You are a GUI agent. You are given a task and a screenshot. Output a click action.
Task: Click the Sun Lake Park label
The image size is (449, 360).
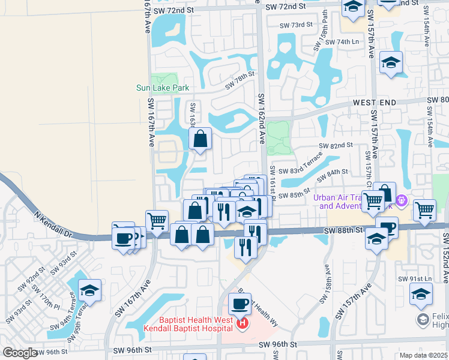pos(162,88)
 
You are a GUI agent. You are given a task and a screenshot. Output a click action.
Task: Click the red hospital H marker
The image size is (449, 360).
pos(243,325)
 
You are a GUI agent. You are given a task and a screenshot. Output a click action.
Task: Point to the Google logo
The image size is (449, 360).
pos(20,353)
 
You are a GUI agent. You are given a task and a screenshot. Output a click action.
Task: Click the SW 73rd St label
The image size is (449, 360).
pos(297,25)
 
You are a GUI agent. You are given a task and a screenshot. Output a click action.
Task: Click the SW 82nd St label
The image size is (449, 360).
pos(336,146)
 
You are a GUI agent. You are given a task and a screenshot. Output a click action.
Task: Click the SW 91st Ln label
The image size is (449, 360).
pos(415,279)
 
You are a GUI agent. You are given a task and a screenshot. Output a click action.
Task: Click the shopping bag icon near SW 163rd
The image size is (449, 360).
pos(200,139)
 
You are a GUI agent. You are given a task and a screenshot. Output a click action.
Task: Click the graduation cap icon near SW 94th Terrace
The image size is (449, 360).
pos(89,290)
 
